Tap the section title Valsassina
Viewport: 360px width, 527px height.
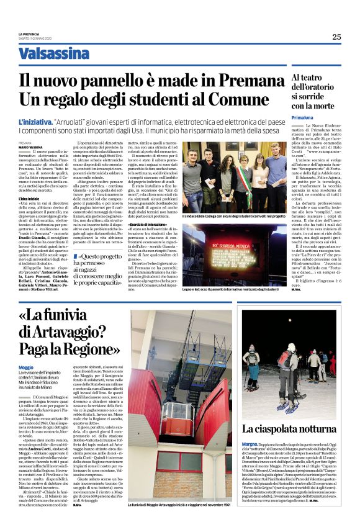[53, 54]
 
